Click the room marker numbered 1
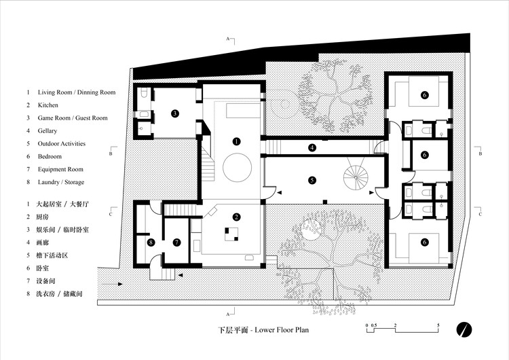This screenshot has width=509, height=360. tap(236, 141)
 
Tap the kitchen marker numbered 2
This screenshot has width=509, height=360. tap(236, 217)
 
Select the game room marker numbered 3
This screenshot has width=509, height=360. tap(174, 113)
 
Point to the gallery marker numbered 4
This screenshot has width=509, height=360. tap(312, 147)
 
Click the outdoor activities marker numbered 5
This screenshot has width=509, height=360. tap(312, 181)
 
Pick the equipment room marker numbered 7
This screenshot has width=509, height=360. tap(176, 241)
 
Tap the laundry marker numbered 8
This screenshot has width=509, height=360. tap(151, 241)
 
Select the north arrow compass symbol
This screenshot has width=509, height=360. tap(465, 328)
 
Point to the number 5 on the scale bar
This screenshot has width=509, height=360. tap(438, 327)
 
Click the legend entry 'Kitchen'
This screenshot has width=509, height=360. tap(48, 105)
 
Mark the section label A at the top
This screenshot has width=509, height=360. tap(229, 40)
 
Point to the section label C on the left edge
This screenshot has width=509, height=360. tap(110, 214)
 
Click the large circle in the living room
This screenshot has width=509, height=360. tap(236, 165)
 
